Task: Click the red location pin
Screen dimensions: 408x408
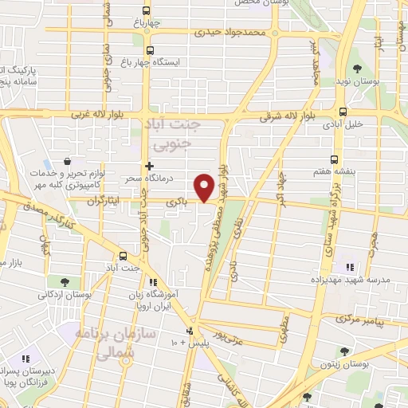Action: click(x=206, y=186)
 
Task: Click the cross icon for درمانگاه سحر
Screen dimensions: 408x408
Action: click(x=149, y=166)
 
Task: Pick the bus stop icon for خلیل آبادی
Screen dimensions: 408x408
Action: click(x=343, y=112)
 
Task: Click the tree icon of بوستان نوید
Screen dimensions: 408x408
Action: click(x=356, y=69)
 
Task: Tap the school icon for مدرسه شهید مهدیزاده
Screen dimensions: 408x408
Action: click(x=348, y=267)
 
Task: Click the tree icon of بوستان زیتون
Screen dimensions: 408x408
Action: click(x=343, y=351)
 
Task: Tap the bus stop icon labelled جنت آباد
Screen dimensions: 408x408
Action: click(x=123, y=256)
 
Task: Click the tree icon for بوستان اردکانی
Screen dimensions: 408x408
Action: click(x=63, y=281)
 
